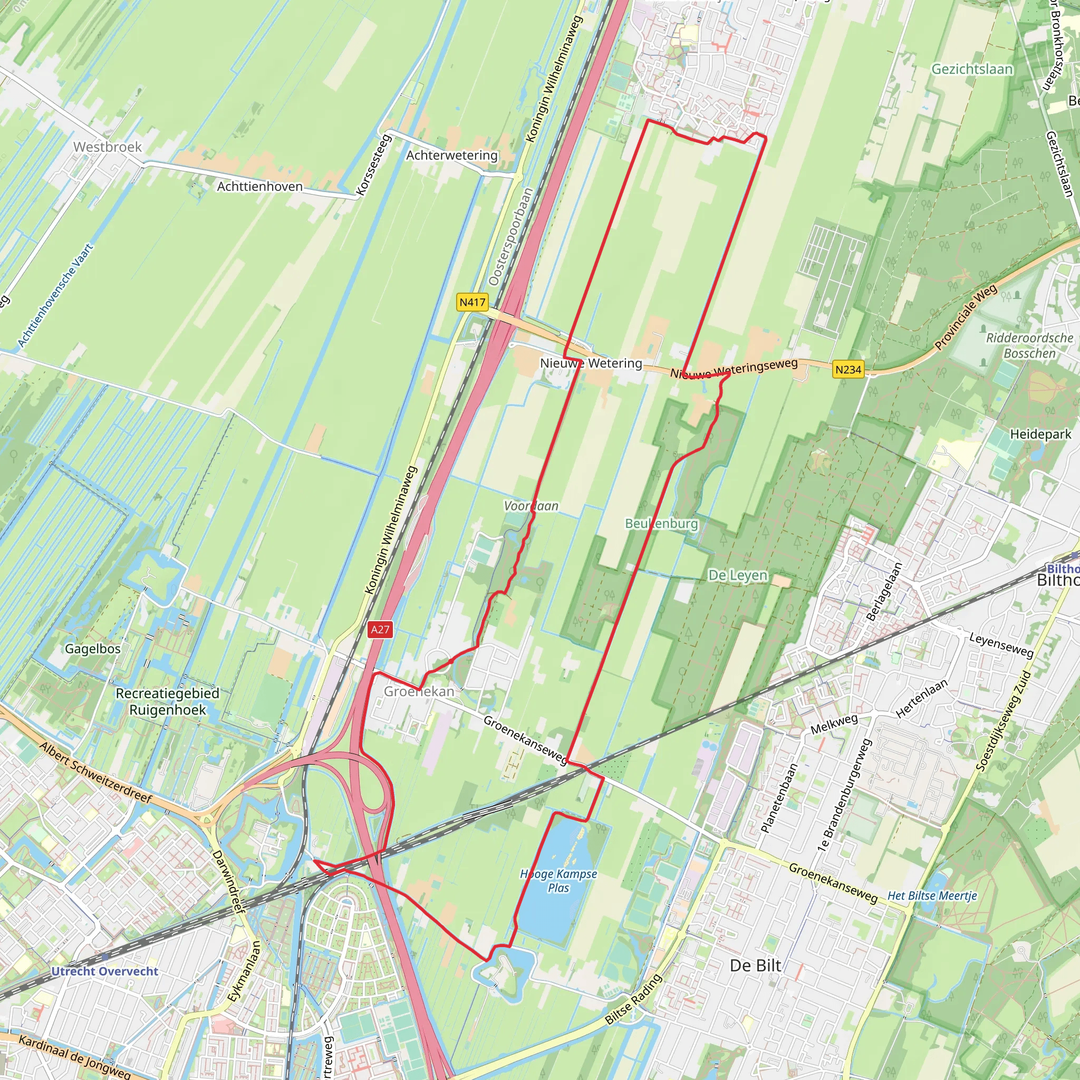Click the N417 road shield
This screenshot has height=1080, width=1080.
coord(472,302)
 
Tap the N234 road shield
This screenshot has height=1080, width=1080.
coord(848,370)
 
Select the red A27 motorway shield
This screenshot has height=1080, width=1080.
coord(380,630)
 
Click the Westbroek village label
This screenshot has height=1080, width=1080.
coord(108,147)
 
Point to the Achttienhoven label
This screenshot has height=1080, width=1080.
coord(259,186)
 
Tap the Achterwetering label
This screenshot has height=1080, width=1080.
coord(452,155)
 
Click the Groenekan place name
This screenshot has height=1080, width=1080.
coord(419,691)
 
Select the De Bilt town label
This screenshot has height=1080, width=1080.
coord(755,966)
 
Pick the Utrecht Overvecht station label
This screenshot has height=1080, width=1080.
coord(104,971)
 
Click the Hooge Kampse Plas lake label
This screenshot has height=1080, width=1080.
coord(558,881)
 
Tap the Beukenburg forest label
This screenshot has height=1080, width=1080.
coord(661,523)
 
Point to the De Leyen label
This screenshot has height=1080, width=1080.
coord(737,575)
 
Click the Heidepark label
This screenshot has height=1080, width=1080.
coord(1040,434)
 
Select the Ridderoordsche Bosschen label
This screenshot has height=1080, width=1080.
coord(1029,345)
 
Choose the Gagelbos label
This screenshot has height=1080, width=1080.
coord(93,649)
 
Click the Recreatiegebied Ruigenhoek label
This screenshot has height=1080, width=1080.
coord(168,701)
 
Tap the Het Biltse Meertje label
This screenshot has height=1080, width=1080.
coord(932,895)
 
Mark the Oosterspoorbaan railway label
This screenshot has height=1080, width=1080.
coord(509,236)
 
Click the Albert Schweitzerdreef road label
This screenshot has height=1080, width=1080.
coord(95,773)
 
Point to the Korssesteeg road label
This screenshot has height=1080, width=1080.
coord(372,165)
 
